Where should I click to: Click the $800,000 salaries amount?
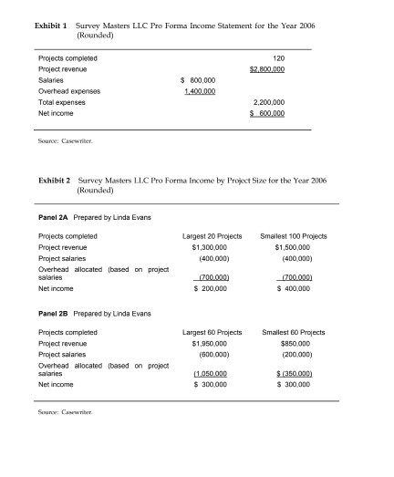click(200, 80)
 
